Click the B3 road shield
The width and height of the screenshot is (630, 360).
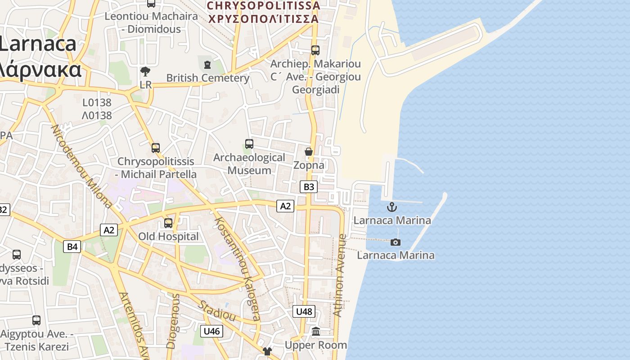[309, 187]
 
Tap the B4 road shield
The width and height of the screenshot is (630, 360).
[72, 246]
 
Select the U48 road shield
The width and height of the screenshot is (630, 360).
[304, 311]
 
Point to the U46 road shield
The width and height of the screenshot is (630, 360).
[211, 331]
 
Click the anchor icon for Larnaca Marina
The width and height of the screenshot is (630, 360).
[392, 207]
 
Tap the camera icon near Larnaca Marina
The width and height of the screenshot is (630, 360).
[395, 242]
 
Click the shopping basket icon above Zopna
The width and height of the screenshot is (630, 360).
[309, 152]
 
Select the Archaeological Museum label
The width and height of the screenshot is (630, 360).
[249, 164]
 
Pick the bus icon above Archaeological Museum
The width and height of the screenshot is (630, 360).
[249, 144]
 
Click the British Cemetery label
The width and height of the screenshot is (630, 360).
[207, 78]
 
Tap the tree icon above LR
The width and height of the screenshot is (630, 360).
[145, 71]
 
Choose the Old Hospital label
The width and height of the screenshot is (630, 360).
[168, 236]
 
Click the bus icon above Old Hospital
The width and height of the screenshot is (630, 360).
[168, 223]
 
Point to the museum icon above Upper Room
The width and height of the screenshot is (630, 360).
[316, 332]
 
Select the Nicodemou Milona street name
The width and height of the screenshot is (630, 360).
[81, 166]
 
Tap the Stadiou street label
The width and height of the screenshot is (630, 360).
[217, 311]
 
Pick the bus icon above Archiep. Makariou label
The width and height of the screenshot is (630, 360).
[315, 50]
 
